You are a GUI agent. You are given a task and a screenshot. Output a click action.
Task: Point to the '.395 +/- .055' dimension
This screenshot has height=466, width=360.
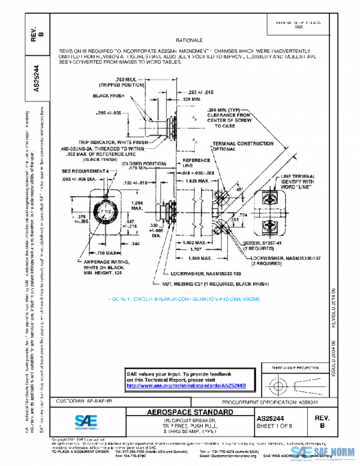click(109, 112)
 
